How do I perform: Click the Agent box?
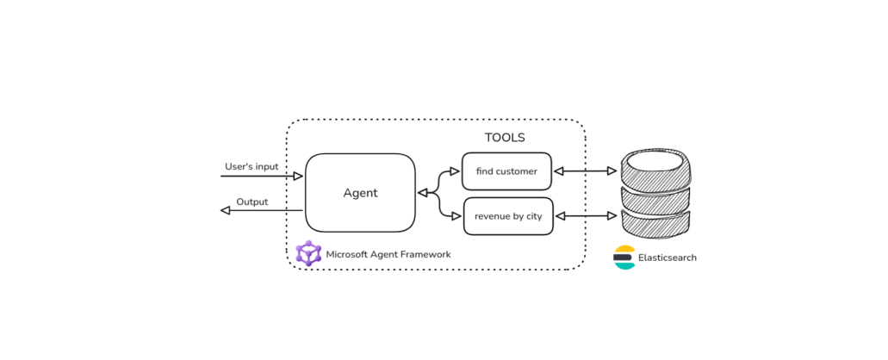(x=360, y=193)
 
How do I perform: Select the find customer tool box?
(x=506, y=171)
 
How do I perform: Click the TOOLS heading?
(x=504, y=138)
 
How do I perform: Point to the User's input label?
(x=251, y=166)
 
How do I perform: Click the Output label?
(x=252, y=202)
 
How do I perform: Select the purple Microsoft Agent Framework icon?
(x=308, y=254)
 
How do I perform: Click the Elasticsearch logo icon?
(x=624, y=258)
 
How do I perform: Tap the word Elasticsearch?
(x=667, y=258)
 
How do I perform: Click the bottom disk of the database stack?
(x=657, y=227)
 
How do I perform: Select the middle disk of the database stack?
(x=657, y=199)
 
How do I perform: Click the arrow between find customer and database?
(x=587, y=171)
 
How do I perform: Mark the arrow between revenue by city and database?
(x=587, y=215)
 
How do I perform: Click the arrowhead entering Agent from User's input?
(x=298, y=177)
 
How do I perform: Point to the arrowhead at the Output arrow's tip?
(x=226, y=210)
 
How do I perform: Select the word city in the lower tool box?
(x=534, y=216)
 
